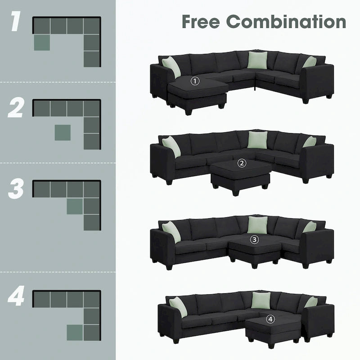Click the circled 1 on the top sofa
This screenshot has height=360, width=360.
(195, 81)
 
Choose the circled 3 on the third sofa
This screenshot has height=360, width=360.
(255, 239)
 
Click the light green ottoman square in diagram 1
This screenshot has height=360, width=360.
(42, 43)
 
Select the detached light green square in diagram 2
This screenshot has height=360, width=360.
(63, 132)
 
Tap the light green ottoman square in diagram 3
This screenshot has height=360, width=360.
(75, 206)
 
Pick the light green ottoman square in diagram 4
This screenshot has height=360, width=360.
(75, 332)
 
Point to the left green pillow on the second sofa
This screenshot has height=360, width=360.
(171, 146)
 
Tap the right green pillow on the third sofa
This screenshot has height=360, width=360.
(309, 227)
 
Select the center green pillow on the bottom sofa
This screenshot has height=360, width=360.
(260, 300)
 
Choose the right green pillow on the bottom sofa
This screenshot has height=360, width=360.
(310, 302)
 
